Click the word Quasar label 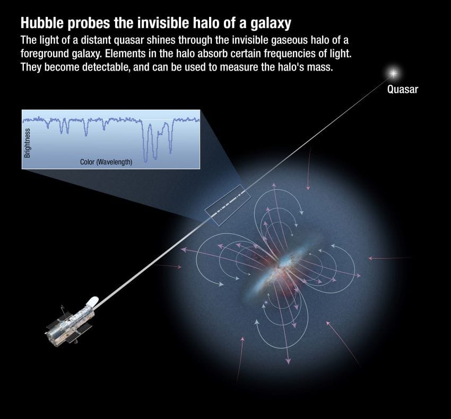(x=402, y=89)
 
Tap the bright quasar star (x=394, y=72)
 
